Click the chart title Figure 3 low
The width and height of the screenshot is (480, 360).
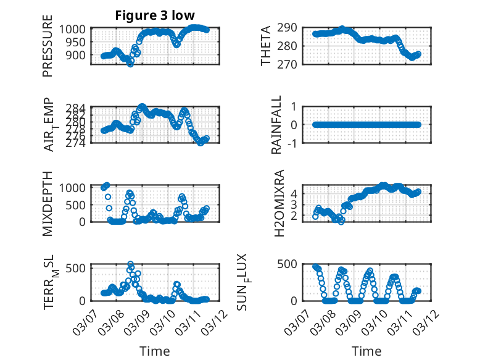pyautogui.click(x=155, y=15)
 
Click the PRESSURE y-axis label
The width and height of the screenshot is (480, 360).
pyautogui.click(x=48, y=51)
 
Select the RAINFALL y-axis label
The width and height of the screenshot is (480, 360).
pyautogui.click(x=277, y=125)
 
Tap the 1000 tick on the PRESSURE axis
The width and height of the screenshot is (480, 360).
pyautogui.click(x=77, y=29)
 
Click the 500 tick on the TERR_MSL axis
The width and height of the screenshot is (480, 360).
pyautogui.click(x=81, y=267)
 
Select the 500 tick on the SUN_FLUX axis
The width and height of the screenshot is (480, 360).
pyautogui.click(x=292, y=264)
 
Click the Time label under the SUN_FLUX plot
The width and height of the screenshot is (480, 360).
pyautogui.click(x=366, y=351)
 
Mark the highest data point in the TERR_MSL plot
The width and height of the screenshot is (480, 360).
pyautogui.click(x=130, y=264)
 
